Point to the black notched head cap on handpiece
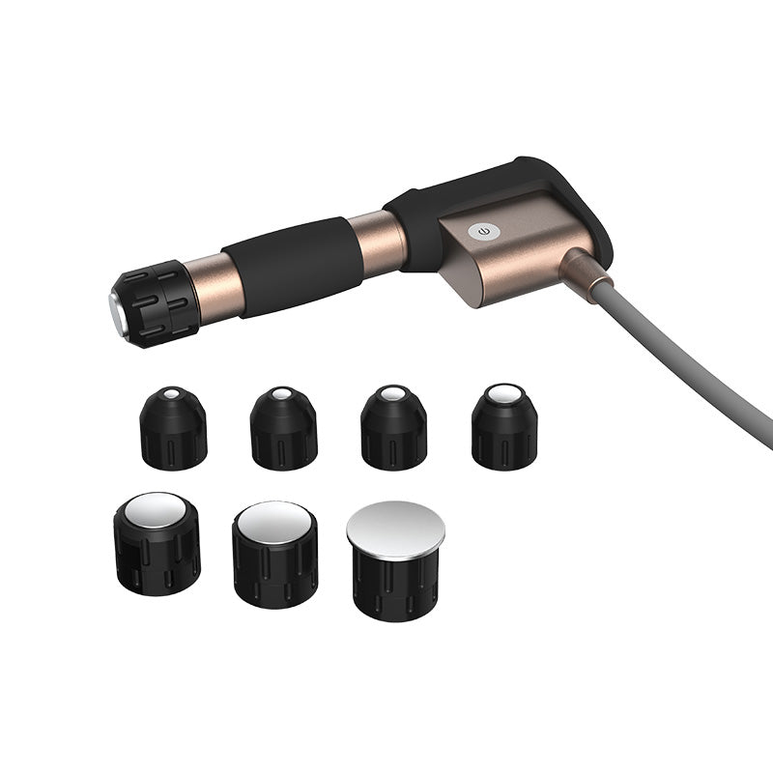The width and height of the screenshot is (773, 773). click(155, 301)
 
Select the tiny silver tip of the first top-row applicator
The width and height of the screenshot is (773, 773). click(172, 394)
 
